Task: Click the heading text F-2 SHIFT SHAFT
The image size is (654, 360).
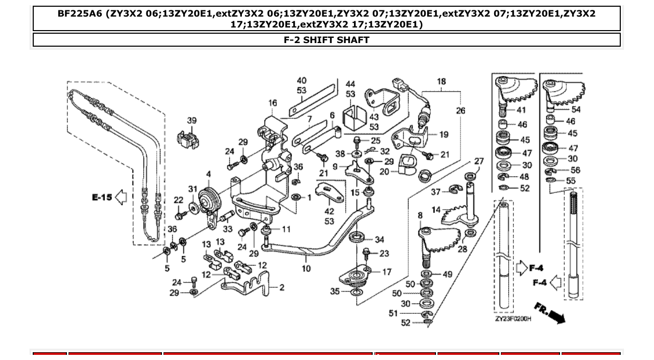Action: click(326, 40)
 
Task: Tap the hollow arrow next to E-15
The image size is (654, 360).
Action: click(120, 197)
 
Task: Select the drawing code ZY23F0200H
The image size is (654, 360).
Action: click(513, 319)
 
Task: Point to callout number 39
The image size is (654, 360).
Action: click(192, 120)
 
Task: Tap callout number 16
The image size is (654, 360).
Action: click(272, 103)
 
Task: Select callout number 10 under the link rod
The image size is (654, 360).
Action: click(306, 268)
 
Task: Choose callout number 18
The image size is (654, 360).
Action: click(441, 81)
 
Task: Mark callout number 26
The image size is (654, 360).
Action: click(460, 110)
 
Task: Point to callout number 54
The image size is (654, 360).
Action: click(576, 109)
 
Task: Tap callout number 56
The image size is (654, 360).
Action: click(575, 170)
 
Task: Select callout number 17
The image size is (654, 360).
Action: click(387, 272)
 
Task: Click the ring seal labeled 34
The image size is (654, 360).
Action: click(357, 238)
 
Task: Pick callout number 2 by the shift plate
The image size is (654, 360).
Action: click(282, 287)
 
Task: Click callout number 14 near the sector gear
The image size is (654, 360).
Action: click(435, 210)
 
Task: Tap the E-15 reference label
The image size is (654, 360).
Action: click(102, 197)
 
